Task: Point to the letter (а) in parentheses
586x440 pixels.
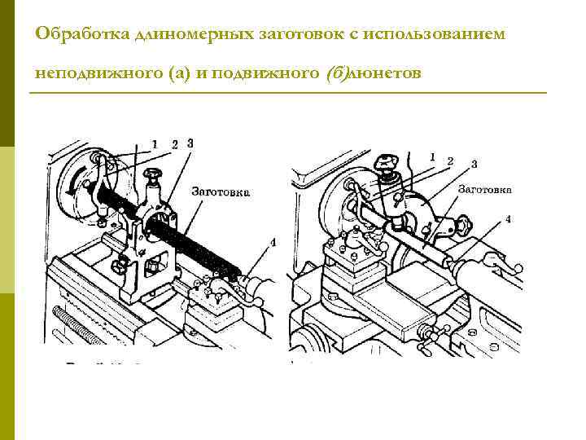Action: tap(181, 73)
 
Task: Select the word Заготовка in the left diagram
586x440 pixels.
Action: tap(221, 192)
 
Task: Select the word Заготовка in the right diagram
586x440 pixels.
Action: tap(485, 189)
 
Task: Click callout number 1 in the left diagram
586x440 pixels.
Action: tap(155, 144)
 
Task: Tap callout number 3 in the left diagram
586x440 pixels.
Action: tap(190, 143)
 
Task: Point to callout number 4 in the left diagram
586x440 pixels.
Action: tap(273, 242)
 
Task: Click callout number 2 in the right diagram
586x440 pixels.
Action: tap(450, 161)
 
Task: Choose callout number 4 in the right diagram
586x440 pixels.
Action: tap(508, 218)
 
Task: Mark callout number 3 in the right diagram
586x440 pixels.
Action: tap(474, 164)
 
